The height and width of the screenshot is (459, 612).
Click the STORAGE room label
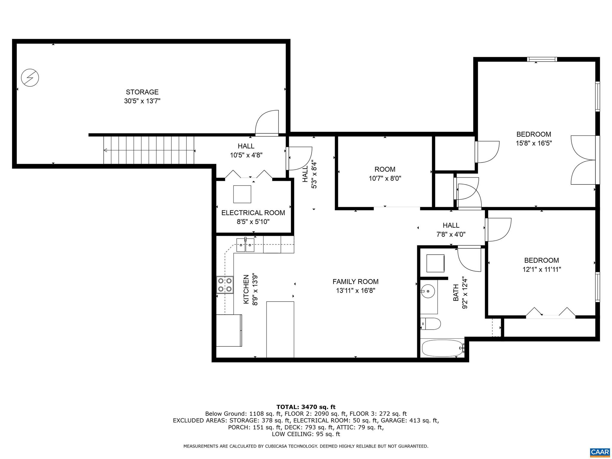pyautogui.click(x=142, y=92)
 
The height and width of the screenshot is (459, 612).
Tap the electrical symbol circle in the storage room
pyautogui.click(x=30, y=78)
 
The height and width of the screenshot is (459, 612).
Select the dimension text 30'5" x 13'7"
pyautogui.click(x=142, y=101)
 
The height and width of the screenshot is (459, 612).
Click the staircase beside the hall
pyautogui.click(x=149, y=150)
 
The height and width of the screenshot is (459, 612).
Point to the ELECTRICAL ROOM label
pyautogui.click(x=253, y=213)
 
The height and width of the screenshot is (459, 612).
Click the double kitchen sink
pyautogui.click(x=245, y=245)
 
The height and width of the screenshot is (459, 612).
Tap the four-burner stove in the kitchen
pyautogui.click(x=225, y=285)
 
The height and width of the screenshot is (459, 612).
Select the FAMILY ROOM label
pyautogui.click(x=355, y=281)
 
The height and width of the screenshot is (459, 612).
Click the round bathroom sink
pyautogui.click(x=428, y=290)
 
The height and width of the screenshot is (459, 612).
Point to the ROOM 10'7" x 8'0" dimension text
pyautogui.click(x=385, y=178)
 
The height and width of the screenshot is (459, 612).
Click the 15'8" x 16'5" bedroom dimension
pyautogui.click(x=534, y=143)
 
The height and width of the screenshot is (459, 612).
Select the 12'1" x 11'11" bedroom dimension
pyautogui.click(x=541, y=269)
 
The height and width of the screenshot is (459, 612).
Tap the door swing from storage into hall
pyautogui.click(x=267, y=123)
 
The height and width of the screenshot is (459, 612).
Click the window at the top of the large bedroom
pyautogui.click(x=542, y=59)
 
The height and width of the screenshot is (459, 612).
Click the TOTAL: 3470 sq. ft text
pyautogui.click(x=306, y=407)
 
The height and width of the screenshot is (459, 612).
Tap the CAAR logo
pyautogui.click(x=600, y=451)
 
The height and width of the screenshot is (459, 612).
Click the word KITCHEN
pyautogui.click(x=246, y=289)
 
